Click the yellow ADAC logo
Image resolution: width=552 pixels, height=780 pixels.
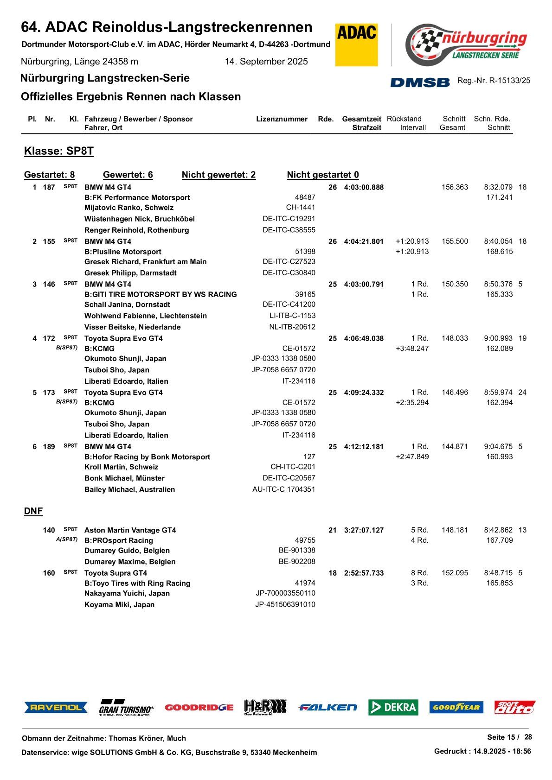[356, 44]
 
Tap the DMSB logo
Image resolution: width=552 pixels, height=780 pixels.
[420, 82]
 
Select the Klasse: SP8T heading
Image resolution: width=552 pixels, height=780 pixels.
[59, 151]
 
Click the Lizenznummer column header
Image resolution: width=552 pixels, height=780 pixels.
[282, 119]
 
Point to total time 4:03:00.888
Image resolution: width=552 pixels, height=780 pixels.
[364, 187]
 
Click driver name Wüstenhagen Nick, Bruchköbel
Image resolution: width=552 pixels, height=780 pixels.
[139, 219]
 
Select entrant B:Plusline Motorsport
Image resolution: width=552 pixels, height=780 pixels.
[123, 252]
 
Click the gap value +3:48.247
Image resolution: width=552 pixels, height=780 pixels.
[412, 349]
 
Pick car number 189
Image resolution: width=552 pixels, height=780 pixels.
[49, 447]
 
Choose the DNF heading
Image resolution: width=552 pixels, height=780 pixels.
[33, 511]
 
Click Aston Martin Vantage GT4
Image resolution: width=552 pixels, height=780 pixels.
[130, 530]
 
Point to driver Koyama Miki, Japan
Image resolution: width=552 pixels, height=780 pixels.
[119, 605]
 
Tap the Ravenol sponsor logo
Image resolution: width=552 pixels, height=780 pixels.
[56, 707]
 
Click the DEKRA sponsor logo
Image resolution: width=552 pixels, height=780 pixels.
[393, 707]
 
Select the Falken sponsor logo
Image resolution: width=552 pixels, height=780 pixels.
[327, 707]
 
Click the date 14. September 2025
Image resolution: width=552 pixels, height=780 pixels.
[266, 62]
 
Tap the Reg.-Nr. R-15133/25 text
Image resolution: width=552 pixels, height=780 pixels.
[494, 81]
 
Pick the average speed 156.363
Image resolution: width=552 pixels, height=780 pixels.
[455, 187]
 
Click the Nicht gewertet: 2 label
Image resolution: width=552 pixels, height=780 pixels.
[218, 175]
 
